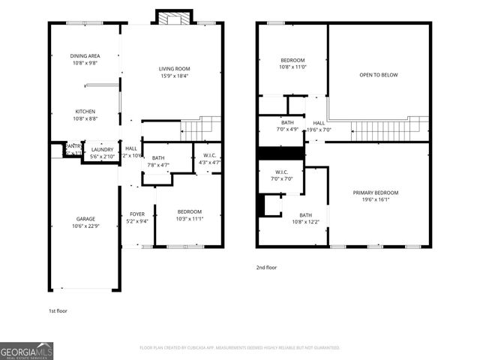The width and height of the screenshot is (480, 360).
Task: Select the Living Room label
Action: pos(173,72)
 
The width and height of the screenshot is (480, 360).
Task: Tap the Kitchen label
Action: pos(84,115)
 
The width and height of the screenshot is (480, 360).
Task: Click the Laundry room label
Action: pos(101,153)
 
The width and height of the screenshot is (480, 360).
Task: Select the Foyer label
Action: pos(136,217)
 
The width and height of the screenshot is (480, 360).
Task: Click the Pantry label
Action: pos(73,149)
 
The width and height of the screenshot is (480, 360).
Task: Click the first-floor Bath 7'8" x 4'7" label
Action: pos(158,162)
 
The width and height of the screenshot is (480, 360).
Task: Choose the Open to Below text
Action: pos(378,75)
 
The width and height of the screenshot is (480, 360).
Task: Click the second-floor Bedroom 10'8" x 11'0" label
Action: pos(292,64)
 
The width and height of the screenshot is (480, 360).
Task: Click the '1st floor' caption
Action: pos(58,310)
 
